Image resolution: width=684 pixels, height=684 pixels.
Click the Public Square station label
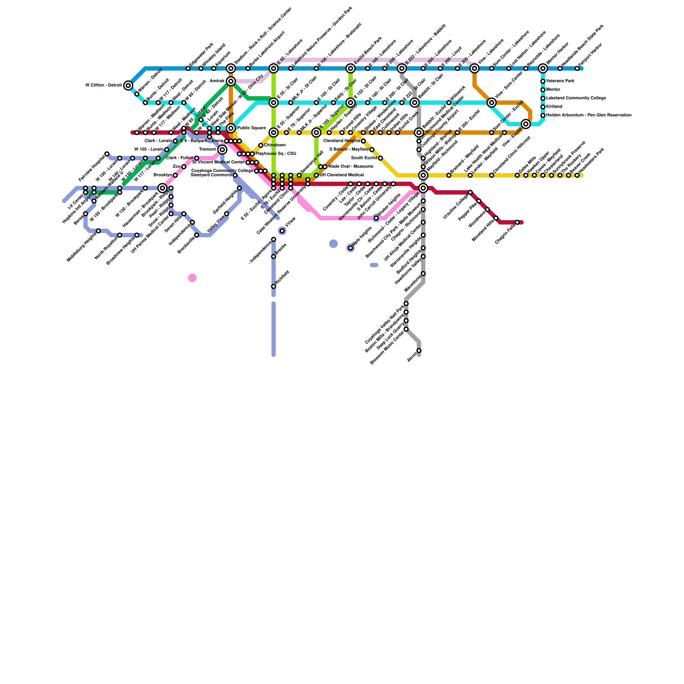click(x=251, y=128)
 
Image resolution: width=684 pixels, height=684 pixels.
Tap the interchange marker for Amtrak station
click(x=231, y=81)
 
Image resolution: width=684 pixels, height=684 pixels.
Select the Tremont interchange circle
click(x=222, y=150)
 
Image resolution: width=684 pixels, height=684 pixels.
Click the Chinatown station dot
click(x=261, y=145)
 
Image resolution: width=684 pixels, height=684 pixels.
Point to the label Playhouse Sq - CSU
click(x=276, y=154)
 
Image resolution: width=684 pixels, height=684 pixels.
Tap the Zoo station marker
click(x=184, y=167)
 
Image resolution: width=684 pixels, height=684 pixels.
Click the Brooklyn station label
click(x=163, y=175)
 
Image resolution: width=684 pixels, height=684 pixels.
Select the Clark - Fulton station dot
click(x=197, y=158)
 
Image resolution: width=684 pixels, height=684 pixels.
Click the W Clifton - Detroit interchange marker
click(x=128, y=85)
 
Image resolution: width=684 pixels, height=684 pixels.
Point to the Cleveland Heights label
click(x=342, y=141)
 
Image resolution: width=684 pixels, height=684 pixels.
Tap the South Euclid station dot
click(x=380, y=158)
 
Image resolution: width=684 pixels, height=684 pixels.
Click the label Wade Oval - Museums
click(x=351, y=167)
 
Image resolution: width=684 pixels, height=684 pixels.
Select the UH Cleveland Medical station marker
click(x=316, y=175)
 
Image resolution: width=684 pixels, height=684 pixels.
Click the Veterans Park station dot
click(x=543, y=81)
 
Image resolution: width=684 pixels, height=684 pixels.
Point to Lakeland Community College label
click(x=576, y=98)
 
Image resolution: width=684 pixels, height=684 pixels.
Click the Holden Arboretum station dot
click(x=543, y=115)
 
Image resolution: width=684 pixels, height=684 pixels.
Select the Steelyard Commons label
click(x=211, y=175)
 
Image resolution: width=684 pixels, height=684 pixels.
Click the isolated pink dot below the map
click(x=192, y=278)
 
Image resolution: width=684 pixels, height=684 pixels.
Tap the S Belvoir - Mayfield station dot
click(x=372, y=150)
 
